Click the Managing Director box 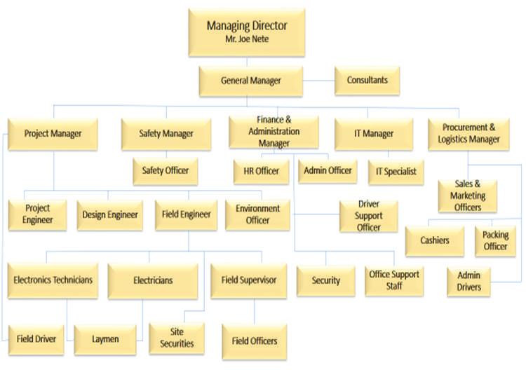pos(247,32)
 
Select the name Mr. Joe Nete pos(247,39)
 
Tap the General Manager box pos(251,81)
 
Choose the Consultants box pos(367,81)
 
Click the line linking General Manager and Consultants pos(318,81)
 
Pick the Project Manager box pos(53,134)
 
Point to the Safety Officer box pos(166,171)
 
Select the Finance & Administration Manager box pos(274,132)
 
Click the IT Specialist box pos(396,172)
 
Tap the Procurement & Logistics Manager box pos(468,134)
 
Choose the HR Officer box pos(262,172)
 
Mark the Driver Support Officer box pos(369,216)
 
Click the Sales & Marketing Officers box pos(468,196)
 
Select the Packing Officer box pos(495,241)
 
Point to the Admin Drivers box pos(469,282)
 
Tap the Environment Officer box pos(257,215)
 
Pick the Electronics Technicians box pos(53,281)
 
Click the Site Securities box pos(177,338)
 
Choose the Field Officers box pos(255,342)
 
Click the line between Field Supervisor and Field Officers pos(255,311)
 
